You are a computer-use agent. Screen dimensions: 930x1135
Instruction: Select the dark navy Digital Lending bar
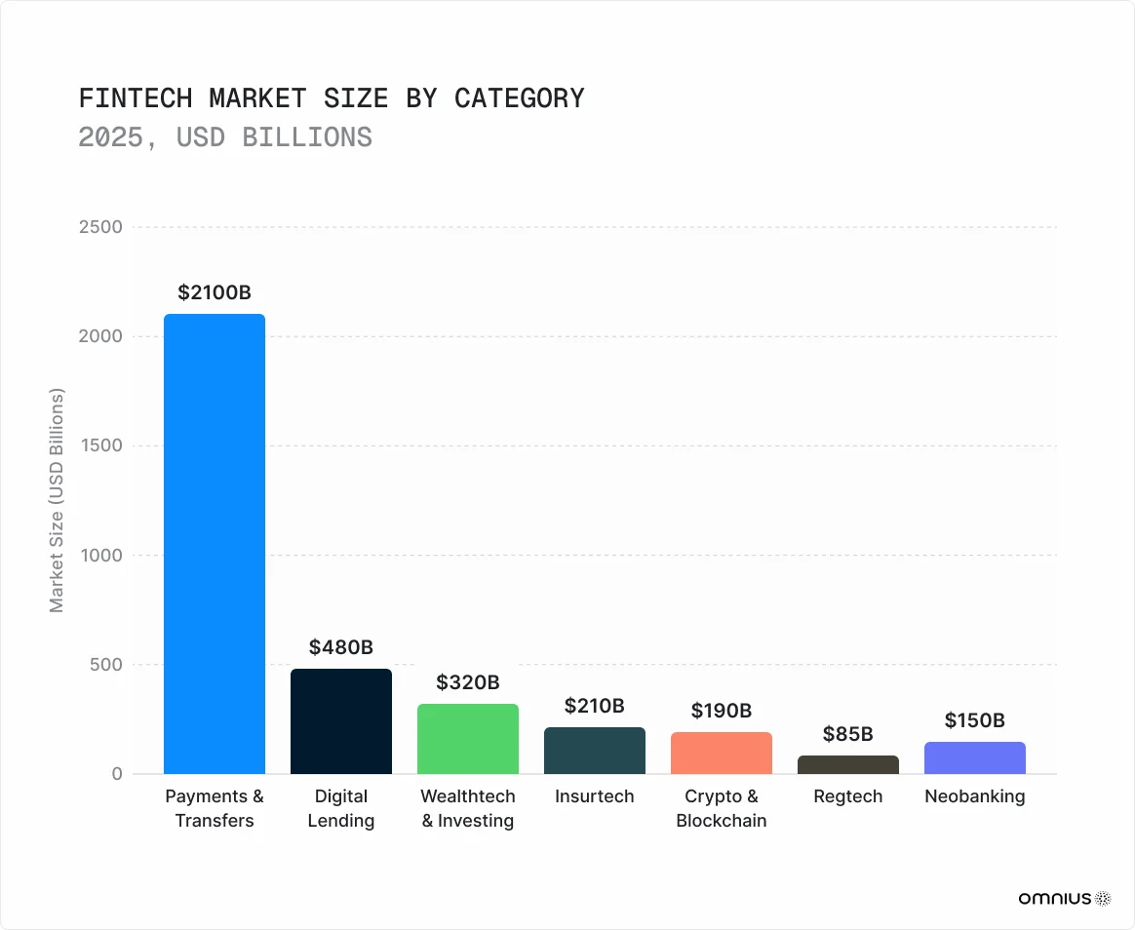coord(341,721)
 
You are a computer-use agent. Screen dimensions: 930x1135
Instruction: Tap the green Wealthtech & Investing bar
coord(468,739)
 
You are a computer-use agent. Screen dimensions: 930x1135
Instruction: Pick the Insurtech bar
coord(595,751)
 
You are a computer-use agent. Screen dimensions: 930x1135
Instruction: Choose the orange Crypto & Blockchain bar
coord(722,754)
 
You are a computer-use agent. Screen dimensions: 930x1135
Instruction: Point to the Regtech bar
coord(848,765)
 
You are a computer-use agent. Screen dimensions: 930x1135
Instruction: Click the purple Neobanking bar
coord(975,758)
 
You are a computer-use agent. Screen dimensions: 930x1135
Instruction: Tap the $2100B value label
coord(215,291)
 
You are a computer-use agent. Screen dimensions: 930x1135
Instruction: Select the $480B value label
coord(341,646)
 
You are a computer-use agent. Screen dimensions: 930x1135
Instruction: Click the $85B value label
coord(848,733)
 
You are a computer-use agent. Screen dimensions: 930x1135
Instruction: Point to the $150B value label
coord(975,720)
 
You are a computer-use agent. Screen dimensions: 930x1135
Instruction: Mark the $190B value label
coord(722,710)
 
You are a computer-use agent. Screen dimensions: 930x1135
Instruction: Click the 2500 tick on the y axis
coord(101,227)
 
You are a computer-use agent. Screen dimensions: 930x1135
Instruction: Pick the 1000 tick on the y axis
coord(101,556)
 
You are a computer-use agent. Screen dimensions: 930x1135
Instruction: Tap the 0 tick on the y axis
coord(116,774)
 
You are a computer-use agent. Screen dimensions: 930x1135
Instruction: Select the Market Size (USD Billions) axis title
coord(57,501)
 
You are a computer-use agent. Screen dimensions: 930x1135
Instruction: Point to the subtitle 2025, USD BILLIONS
coord(225,136)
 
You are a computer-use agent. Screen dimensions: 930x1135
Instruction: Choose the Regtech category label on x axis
coord(848,796)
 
